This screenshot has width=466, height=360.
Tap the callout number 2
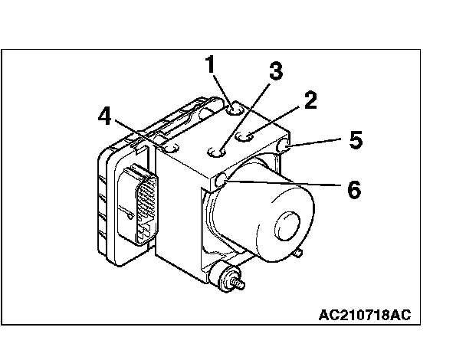point(310,100)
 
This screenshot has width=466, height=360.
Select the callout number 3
point(275,71)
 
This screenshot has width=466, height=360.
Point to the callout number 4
point(105,116)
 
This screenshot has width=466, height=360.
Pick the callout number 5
point(355,140)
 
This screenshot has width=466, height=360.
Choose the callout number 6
point(353,188)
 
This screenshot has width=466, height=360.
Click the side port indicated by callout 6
point(222,180)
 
